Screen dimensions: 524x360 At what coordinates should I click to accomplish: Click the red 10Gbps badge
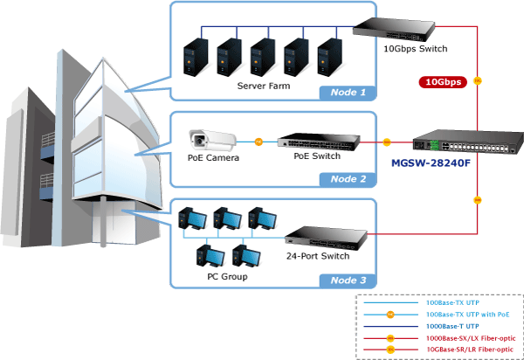click(x=443, y=82)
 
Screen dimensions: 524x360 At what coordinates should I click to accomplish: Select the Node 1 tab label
click(x=348, y=93)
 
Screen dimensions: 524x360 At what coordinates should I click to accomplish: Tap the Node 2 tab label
click(x=348, y=179)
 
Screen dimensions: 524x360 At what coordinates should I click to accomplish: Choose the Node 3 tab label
click(x=348, y=280)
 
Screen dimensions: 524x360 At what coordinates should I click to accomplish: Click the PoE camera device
click(x=212, y=140)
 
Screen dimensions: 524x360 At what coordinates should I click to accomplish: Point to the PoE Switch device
click(x=319, y=142)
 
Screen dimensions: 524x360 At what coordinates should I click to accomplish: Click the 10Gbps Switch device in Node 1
click(x=394, y=30)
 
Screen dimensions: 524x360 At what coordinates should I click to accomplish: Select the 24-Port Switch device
click(x=326, y=238)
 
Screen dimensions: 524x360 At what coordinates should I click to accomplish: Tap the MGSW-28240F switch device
click(x=468, y=142)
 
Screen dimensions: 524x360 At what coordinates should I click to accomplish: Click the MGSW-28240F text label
click(x=431, y=163)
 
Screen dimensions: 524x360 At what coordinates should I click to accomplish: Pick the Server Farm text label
click(x=264, y=86)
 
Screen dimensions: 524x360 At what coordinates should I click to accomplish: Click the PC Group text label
click(x=227, y=277)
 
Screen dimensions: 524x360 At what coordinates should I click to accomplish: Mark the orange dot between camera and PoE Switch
click(x=259, y=142)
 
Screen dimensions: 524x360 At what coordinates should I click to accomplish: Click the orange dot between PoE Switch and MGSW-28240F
click(x=387, y=142)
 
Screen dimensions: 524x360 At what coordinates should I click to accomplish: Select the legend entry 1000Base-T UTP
click(x=452, y=326)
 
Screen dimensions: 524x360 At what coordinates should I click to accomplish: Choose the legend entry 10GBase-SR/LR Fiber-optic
click(x=470, y=350)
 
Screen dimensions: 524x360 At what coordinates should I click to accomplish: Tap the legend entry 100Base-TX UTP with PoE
click(x=468, y=315)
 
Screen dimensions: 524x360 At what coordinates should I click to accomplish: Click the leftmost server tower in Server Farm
click(x=196, y=58)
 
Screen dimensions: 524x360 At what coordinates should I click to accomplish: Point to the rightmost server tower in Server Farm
click(x=329, y=58)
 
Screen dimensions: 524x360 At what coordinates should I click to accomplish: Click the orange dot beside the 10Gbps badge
click(x=478, y=81)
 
